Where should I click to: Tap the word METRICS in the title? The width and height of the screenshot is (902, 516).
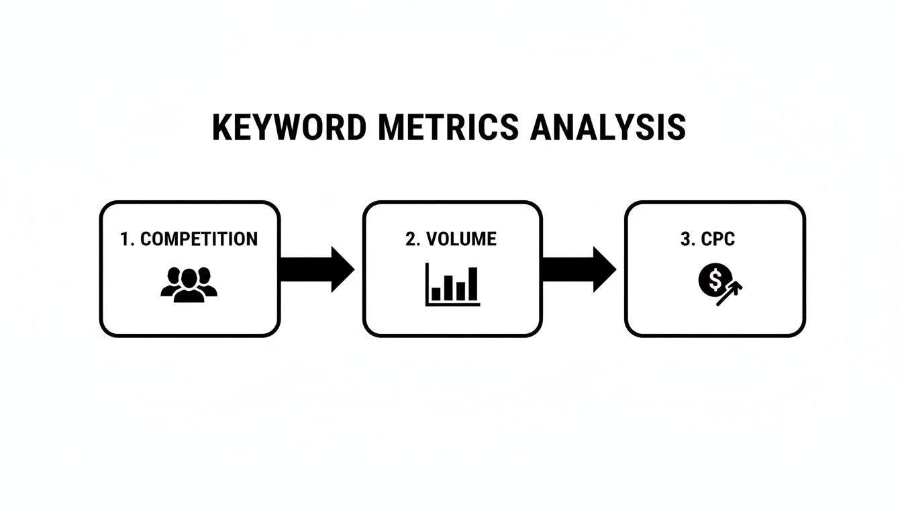[448, 128]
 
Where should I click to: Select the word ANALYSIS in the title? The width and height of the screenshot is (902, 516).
[607, 128]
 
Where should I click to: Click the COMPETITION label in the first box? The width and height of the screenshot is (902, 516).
[199, 239]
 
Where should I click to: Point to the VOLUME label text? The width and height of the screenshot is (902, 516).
[461, 239]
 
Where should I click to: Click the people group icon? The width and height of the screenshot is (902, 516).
[189, 284]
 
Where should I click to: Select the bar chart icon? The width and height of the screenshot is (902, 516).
[452, 285]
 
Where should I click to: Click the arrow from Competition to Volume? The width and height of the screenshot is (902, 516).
[316, 269]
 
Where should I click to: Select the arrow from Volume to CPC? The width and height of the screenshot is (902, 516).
[578, 269]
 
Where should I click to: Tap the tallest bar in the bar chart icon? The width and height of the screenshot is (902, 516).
[473, 284]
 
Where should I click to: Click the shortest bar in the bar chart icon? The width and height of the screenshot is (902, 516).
[436, 293]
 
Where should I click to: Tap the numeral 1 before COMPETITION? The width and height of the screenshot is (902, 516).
[124, 239]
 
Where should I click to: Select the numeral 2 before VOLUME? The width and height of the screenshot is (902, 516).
[411, 239]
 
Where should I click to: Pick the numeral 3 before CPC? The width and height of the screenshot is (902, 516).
[685, 239]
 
